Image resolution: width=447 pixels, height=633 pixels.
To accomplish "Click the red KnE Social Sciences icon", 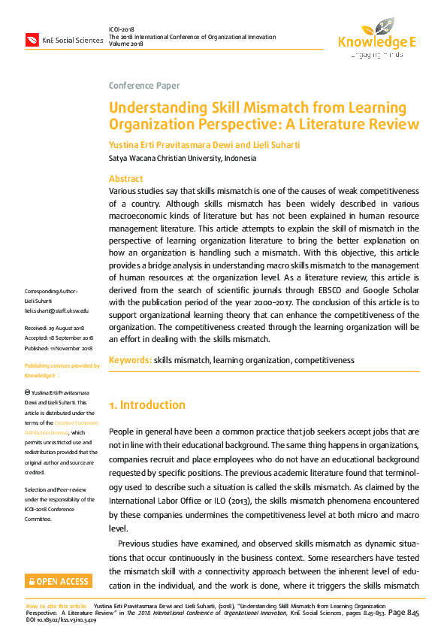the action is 32,40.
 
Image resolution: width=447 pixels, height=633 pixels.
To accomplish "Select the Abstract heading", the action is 126,179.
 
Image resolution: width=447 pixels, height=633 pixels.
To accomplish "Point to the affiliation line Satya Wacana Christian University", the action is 183,159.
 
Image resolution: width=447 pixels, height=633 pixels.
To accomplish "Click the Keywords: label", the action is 130,361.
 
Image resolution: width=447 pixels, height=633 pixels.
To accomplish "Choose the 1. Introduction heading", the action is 147,405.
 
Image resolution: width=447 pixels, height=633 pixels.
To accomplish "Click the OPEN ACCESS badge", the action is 59,581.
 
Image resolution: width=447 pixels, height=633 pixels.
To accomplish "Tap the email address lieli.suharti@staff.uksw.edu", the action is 56,310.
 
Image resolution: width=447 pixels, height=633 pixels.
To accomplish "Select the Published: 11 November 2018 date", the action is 59,348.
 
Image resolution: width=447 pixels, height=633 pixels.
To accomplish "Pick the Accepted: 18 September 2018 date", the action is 59,338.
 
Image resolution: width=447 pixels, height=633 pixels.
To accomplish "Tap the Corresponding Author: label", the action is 50,291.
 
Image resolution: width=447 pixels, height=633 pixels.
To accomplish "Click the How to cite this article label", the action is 56,605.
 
